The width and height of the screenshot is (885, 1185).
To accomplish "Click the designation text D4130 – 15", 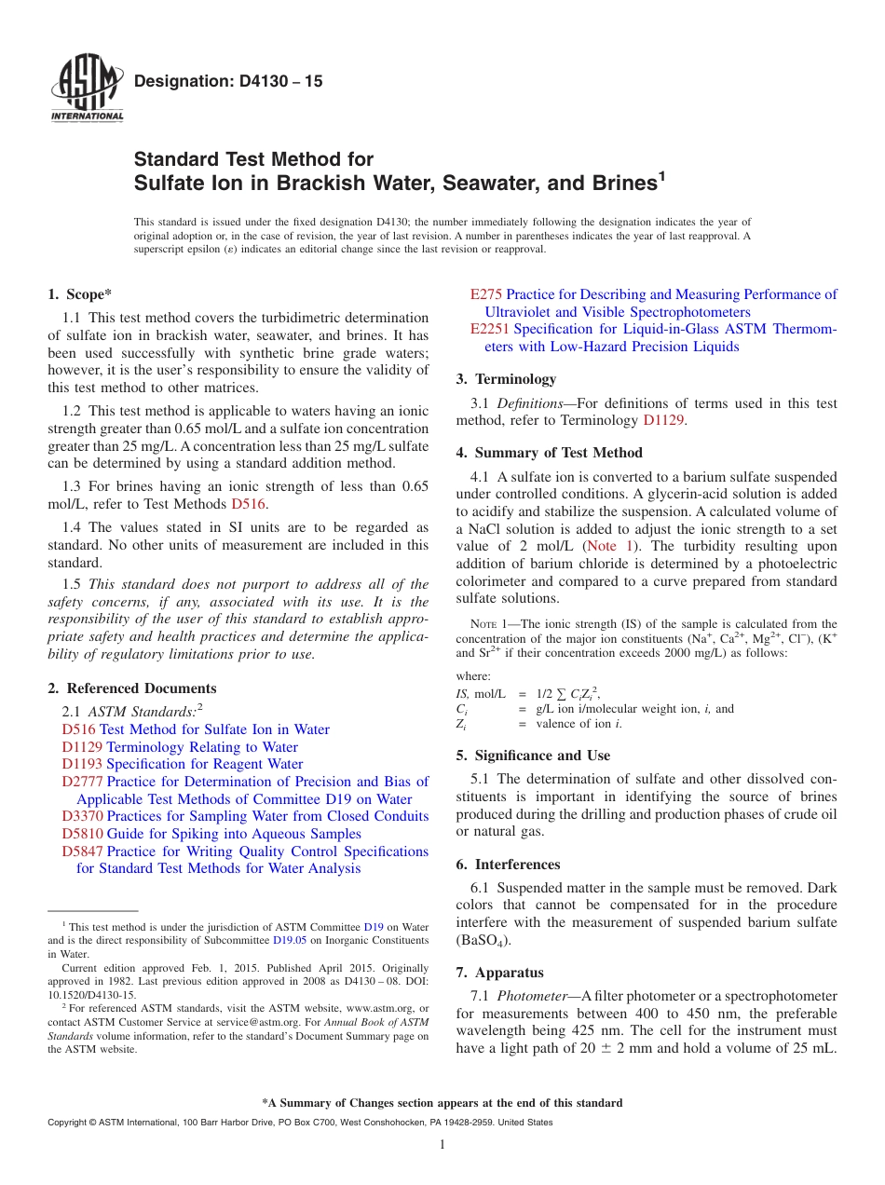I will [228, 82].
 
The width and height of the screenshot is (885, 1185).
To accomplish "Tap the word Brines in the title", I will [609, 183].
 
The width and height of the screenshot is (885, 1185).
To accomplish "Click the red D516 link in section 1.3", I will [249, 504].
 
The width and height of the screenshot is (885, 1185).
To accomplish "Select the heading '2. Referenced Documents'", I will [132, 688].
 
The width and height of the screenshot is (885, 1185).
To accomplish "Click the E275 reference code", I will [486, 294].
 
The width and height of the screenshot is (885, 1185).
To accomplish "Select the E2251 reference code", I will [490, 329].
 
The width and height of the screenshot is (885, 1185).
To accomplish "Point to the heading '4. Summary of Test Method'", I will [550, 453].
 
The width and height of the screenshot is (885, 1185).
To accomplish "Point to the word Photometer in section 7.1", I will [530, 997].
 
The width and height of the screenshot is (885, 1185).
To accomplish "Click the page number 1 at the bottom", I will [442, 1145].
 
